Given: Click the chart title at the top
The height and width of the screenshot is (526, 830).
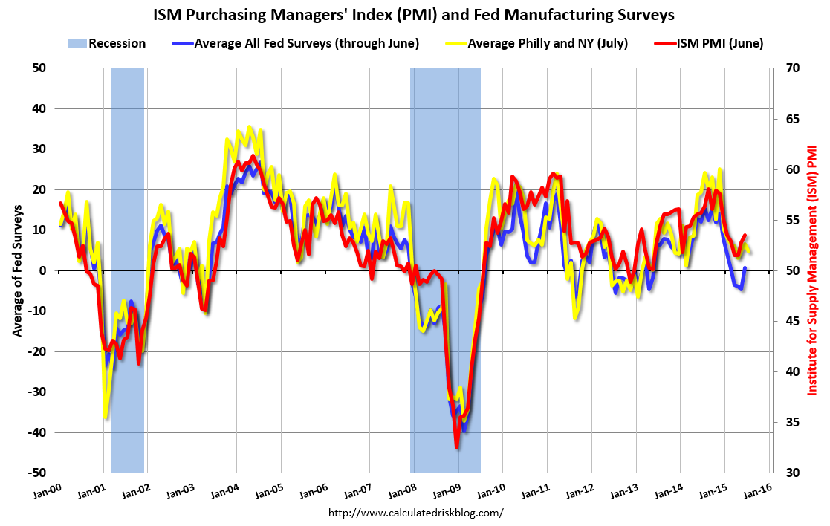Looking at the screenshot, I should [415, 14].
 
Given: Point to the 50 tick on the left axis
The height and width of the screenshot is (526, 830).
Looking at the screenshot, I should [39, 68].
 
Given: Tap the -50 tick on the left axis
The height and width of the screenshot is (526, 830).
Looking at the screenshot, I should [37, 473].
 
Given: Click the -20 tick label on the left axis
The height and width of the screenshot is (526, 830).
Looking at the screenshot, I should [37, 351].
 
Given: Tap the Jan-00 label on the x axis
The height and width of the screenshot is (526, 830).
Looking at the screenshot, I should [49, 493].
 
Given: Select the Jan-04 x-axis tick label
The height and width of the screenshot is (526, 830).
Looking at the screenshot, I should [227, 493].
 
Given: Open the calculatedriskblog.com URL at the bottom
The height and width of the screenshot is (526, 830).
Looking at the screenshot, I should [415, 513].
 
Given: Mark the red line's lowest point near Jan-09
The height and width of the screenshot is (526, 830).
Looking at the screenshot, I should [457, 447].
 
